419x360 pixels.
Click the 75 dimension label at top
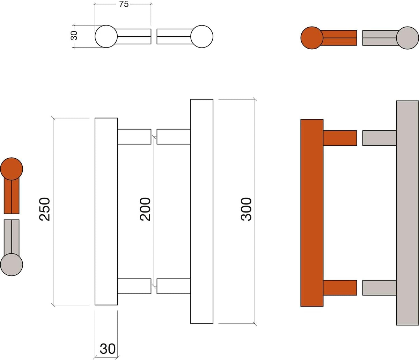124,4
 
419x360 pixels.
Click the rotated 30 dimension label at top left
74,36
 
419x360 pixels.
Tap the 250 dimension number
44,209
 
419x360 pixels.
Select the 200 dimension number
145,209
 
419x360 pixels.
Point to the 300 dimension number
246,209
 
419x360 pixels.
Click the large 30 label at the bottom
108,349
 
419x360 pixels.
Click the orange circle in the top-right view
312,38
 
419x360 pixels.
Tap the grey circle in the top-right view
407,38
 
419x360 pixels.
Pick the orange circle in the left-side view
12,169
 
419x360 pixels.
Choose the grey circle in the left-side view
12,265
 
